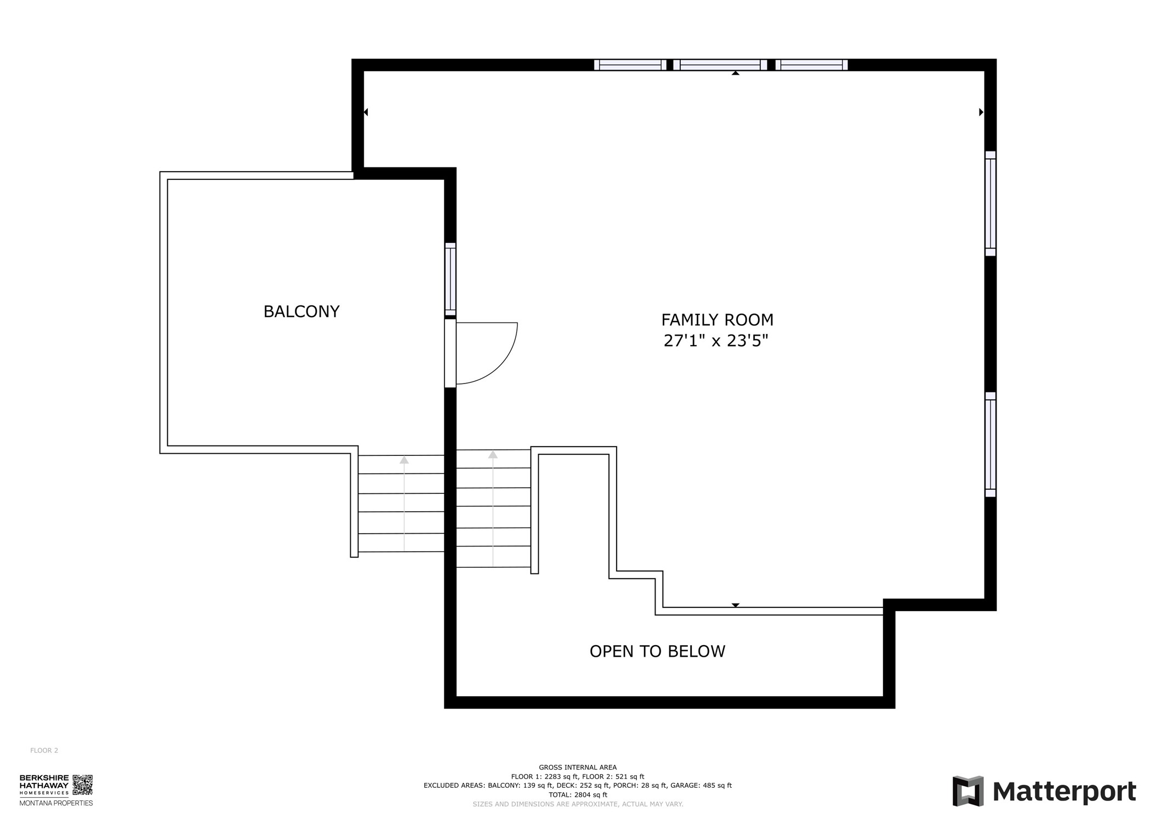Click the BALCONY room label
(301, 312)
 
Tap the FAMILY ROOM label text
(717, 320)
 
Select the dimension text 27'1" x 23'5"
(716, 341)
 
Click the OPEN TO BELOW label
(657, 651)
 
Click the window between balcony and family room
(450, 279)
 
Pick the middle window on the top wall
(720, 65)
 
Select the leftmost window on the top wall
(630, 65)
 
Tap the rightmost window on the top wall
(812, 65)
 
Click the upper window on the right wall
(990, 204)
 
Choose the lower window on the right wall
(990, 444)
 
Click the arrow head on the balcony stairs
(404, 460)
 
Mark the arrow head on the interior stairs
(493, 455)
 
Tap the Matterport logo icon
(968, 791)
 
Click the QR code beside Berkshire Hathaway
(83, 785)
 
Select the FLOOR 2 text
(44, 751)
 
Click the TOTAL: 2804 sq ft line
(578, 794)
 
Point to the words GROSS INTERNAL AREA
(578, 768)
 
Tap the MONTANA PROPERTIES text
(56, 803)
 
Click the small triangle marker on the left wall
(366, 112)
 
